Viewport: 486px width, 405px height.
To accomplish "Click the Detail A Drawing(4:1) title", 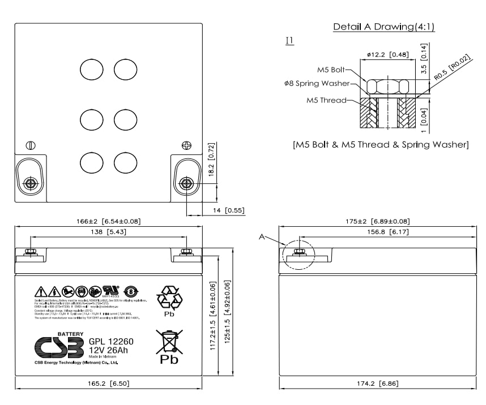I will [383, 27].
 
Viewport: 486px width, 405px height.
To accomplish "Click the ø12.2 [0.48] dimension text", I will [388, 54].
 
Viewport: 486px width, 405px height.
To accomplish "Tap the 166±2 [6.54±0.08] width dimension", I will [109, 221].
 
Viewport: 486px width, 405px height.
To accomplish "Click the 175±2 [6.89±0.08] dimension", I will [378, 221].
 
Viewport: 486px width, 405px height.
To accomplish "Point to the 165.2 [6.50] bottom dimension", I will [108, 384].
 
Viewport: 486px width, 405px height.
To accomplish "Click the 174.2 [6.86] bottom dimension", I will [378, 384].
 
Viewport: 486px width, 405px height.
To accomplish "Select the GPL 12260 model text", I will [110, 341].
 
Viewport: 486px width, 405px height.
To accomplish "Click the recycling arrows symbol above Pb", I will [169, 298].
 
